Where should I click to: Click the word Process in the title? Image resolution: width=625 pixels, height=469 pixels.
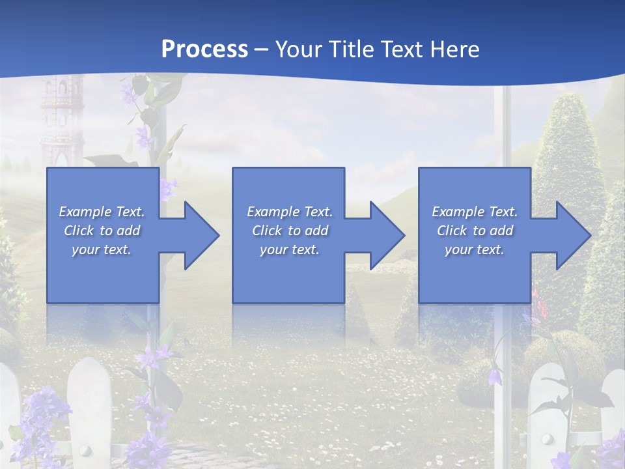[204, 49]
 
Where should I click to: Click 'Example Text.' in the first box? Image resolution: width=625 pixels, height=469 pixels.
[102, 211]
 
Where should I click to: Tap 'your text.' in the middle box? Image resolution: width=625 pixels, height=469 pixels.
[289, 249]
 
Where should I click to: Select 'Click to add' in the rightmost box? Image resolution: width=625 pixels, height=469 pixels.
[475, 231]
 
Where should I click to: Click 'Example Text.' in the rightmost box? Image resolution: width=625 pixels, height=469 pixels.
[475, 211]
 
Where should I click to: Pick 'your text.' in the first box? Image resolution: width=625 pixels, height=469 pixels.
[102, 249]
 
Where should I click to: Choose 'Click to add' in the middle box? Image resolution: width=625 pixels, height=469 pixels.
[289, 231]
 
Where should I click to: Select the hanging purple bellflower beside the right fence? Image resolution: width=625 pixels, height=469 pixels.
[496, 376]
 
